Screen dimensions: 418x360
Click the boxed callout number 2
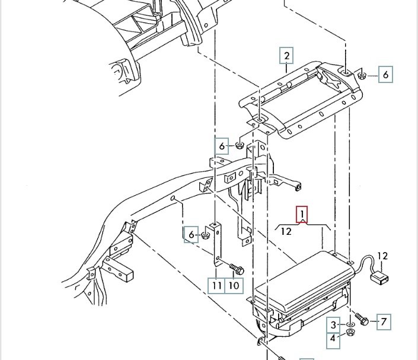pos(286,56)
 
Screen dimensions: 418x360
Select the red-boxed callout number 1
pos(302,214)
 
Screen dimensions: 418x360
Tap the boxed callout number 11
pos(216,286)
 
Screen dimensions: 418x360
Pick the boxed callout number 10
pos(234,286)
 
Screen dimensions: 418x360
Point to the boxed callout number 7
pos(384,322)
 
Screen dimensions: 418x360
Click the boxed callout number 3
pos(333,325)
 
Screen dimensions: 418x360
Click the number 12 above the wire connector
pos(382,256)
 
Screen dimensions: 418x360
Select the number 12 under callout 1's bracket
pos(286,231)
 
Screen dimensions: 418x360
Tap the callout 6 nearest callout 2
pos(385,75)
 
